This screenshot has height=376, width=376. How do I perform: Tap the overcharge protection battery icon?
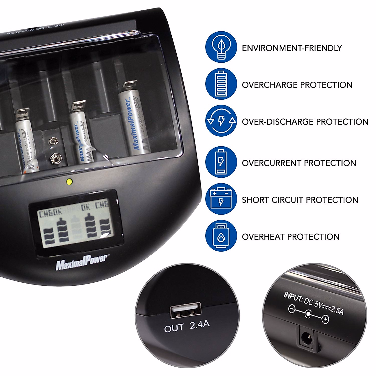tap(221, 84)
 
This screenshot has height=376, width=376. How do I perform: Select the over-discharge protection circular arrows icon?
tap(221, 121)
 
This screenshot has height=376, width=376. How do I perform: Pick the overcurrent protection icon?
tap(221, 162)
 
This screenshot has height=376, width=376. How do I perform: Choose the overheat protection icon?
tap(221, 236)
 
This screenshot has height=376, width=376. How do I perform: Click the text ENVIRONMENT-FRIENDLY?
tap(292, 48)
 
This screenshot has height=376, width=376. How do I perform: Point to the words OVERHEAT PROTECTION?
tap(290, 237)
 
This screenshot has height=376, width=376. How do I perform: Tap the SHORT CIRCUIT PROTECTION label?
tap(300, 200)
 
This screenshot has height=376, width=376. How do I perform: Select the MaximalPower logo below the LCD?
tap(82, 263)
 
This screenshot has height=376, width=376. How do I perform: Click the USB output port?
tap(185, 311)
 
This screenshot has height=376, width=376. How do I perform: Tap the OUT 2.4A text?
tap(187, 326)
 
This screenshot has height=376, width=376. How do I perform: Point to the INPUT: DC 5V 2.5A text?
tap(314, 303)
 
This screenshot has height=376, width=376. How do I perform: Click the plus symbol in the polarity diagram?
tap(325, 320)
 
